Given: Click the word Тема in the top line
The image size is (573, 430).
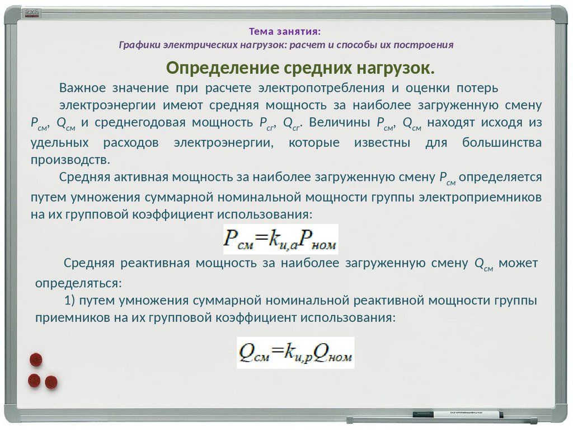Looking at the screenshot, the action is coord(261,31).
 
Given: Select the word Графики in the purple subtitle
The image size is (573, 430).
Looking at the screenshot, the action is coord(140,45).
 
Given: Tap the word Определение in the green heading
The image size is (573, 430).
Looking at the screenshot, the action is coord(223,68).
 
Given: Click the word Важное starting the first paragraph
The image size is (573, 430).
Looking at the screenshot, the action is coord(82,88).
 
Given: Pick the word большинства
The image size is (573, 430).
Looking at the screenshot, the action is coord(502,142).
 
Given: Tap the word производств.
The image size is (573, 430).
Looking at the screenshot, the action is coord(70,160).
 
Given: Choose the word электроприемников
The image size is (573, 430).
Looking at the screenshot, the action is coord(480,197).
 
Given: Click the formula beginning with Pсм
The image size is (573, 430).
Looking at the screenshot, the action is coord(281,239).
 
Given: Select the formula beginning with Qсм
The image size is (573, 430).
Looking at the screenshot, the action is coord(295,353).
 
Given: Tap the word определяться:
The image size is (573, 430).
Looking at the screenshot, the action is coord(78,283).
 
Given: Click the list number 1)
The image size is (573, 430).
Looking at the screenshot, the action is coord(70,301).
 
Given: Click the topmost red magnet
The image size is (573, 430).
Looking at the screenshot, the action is coord(36,359).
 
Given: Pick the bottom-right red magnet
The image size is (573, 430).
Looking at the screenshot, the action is coord(51,382).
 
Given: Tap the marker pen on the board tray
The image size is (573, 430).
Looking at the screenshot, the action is coord(457,414).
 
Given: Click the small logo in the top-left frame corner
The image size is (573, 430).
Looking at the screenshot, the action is coord(32,13).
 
